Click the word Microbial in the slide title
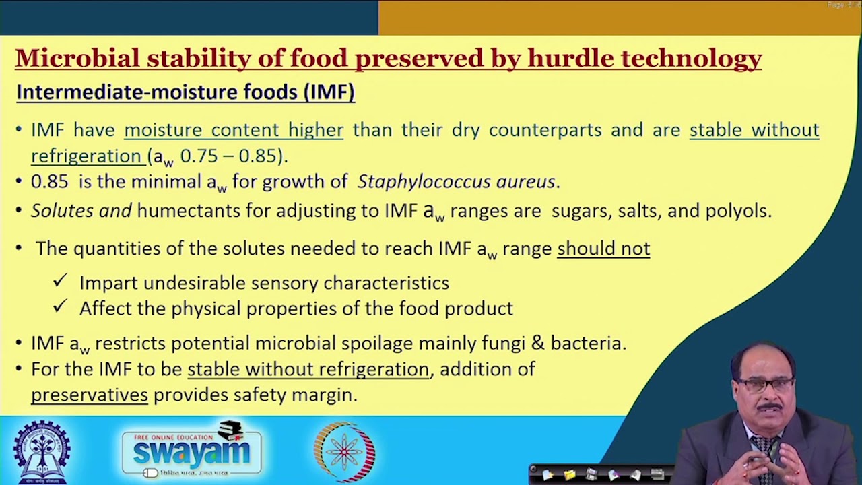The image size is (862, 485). click(77, 59)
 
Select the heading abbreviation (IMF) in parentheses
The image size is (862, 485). click(329, 92)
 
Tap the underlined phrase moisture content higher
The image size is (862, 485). click(234, 130)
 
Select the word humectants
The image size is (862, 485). click(188, 211)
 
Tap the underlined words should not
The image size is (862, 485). click(603, 249)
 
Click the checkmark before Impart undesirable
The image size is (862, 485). click(61, 281)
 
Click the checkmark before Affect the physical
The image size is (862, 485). click(61, 306)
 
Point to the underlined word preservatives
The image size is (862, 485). click(90, 395)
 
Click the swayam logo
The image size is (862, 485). click(192, 450)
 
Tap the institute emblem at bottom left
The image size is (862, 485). click(42, 451)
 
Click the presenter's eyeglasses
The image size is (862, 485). click(766, 385)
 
